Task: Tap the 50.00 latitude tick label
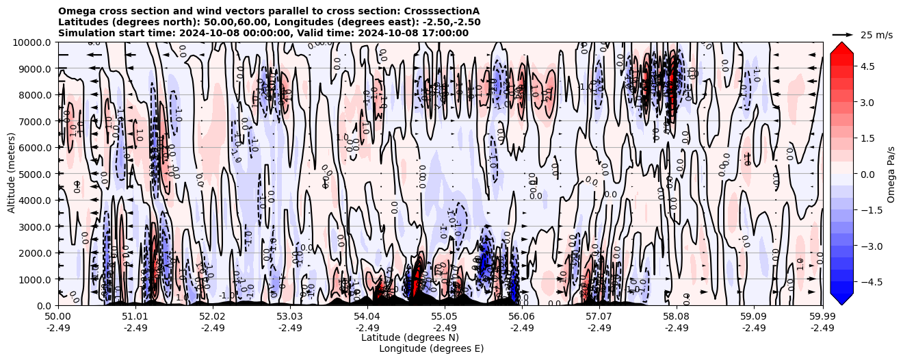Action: (58, 317)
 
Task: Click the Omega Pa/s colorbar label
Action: (891, 174)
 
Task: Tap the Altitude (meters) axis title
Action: (12, 174)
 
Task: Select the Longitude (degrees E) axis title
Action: (431, 348)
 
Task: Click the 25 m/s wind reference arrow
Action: (843, 34)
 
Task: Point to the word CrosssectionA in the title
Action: (443, 11)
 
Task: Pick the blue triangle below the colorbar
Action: (841, 300)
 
